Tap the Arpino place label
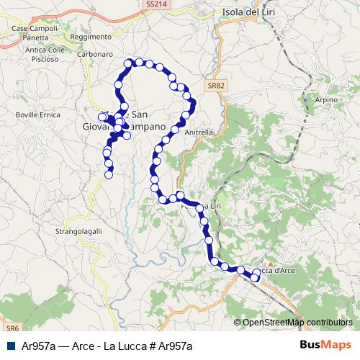click(x=326, y=99)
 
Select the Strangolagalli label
click(x=79, y=231)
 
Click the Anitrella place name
click(x=199, y=132)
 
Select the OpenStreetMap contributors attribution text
click(x=297, y=323)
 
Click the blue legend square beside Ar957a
click(x=11, y=346)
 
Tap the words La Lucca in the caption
click(x=125, y=346)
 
